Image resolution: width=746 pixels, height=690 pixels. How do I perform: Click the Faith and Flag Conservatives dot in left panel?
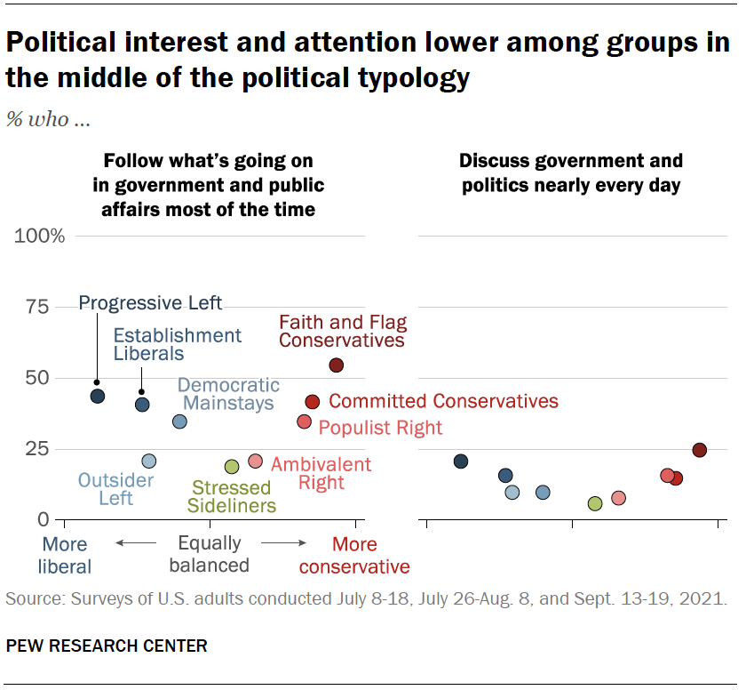coord(336,365)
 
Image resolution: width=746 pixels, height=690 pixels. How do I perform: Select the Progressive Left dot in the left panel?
coord(98,397)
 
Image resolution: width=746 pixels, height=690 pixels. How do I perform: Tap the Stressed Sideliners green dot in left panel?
coord(232,467)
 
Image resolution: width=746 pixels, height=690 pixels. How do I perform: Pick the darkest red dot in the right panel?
coord(700,450)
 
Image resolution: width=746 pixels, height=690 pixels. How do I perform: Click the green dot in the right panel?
coord(595,503)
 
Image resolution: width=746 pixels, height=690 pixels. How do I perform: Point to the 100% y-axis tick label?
coord(40,237)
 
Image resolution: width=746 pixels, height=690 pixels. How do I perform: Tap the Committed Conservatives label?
coord(443,402)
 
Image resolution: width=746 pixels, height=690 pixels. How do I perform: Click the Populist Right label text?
coord(380,428)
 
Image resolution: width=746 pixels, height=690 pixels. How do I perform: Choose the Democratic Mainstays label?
coord(228,395)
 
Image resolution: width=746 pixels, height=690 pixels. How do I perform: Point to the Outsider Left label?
coord(115,490)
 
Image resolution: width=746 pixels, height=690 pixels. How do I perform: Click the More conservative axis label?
coord(354,556)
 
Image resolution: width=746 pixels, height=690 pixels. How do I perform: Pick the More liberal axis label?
coord(66,555)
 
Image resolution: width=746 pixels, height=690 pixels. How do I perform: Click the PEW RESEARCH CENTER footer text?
coord(107,646)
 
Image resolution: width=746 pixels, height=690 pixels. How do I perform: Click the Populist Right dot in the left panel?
coord(304,421)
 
